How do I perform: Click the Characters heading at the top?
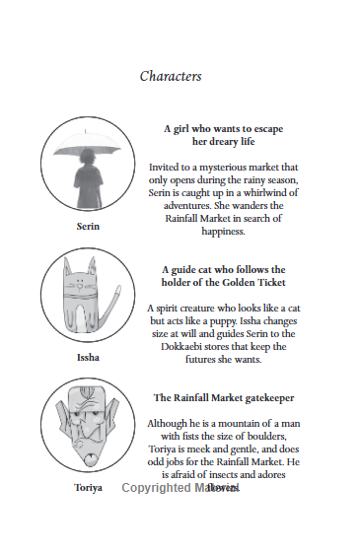click(x=171, y=76)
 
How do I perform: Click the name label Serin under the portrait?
click(x=88, y=226)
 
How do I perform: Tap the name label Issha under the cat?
click(x=88, y=357)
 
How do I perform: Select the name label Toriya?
click(x=88, y=487)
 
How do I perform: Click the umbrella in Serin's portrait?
click(x=88, y=149)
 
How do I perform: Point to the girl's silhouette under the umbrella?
click(x=88, y=181)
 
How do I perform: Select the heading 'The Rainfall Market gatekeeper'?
click(x=223, y=397)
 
